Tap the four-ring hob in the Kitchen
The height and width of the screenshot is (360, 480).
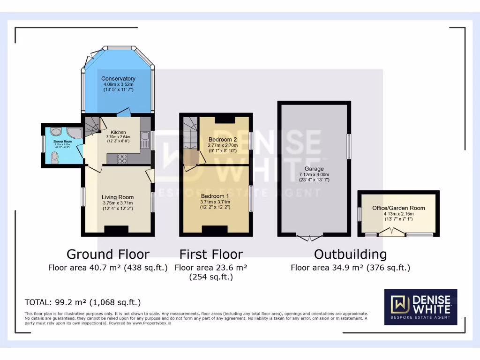[x=122, y=158]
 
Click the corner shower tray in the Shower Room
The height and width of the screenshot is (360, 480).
[x=74, y=133]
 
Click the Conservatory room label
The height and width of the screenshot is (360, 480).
[x=118, y=78]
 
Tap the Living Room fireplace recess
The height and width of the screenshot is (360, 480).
[x=116, y=229]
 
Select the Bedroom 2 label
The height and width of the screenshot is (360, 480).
[x=223, y=140]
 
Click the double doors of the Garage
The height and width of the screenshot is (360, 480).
[x=309, y=237]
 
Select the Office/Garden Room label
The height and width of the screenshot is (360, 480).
[x=398, y=208]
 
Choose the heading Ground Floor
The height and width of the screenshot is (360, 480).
[x=108, y=254]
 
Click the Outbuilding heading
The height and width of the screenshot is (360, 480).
[x=350, y=254]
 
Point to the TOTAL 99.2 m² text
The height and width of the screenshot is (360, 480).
[x=82, y=302]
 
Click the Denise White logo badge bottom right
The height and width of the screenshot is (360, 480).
[x=420, y=307]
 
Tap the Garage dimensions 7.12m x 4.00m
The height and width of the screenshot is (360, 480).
[x=314, y=174]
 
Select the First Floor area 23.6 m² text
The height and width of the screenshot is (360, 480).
[x=211, y=268]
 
